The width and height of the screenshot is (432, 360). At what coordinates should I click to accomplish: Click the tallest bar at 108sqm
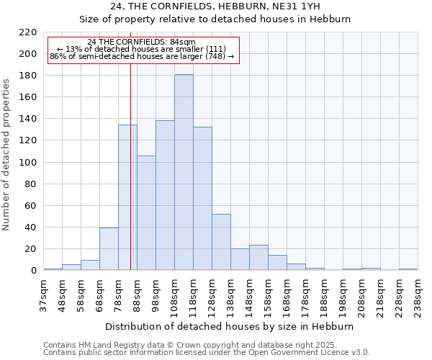click(x=184, y=173)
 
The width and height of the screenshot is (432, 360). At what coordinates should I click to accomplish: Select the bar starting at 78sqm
click(x=127, y=198)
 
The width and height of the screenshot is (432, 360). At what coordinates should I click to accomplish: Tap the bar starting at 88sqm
click(x=146, y=213)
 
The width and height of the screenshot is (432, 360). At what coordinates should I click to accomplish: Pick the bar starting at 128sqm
click(x=221, y=242)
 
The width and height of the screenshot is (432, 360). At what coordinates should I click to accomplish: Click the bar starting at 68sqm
click(x=109, y=249)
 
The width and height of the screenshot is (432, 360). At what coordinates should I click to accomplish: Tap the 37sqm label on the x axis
click(x=43, y=296)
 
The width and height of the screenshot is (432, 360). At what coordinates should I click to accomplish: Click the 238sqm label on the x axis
click(x=418, y=296)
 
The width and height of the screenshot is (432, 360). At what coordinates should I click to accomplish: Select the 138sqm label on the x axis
click(x=230, y=296)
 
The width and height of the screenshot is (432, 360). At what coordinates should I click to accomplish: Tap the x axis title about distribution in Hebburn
click(x=230, y=326)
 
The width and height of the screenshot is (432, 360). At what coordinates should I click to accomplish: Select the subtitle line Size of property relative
click(x=215, y=19)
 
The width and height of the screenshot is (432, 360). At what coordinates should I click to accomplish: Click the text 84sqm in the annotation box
click(x=181, y=42)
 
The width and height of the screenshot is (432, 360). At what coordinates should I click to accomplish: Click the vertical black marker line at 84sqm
click(x=130, y=180)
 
